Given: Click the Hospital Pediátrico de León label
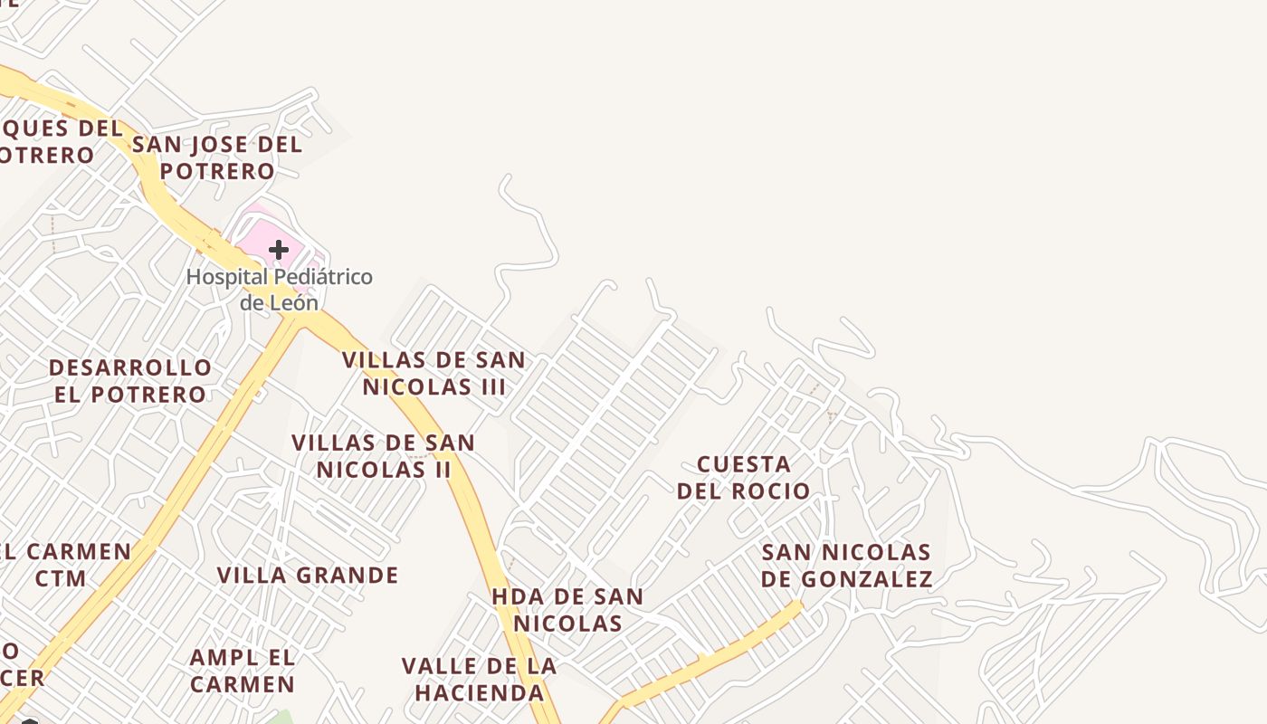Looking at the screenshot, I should [279, 289].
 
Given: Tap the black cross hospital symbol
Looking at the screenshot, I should [279, 249].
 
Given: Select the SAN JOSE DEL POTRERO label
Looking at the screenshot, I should [217, 157].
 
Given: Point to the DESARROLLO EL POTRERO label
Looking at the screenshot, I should [130, 381].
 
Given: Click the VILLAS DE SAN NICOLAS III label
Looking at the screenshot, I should [433, 373].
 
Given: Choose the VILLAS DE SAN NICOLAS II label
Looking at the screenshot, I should [384, 456].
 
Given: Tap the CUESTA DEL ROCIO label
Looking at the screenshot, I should [744, 478].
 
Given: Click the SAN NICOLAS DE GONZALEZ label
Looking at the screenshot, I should [846, 566].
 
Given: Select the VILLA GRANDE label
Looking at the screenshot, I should [308, 576].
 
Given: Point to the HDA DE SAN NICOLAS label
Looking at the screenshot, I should [567, 610].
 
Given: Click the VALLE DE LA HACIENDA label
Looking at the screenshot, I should [479, 680].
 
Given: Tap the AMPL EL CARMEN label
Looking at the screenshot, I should [243, 671].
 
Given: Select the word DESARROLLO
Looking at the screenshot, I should [130, 368].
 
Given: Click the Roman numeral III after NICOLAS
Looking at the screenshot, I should [490, 386].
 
